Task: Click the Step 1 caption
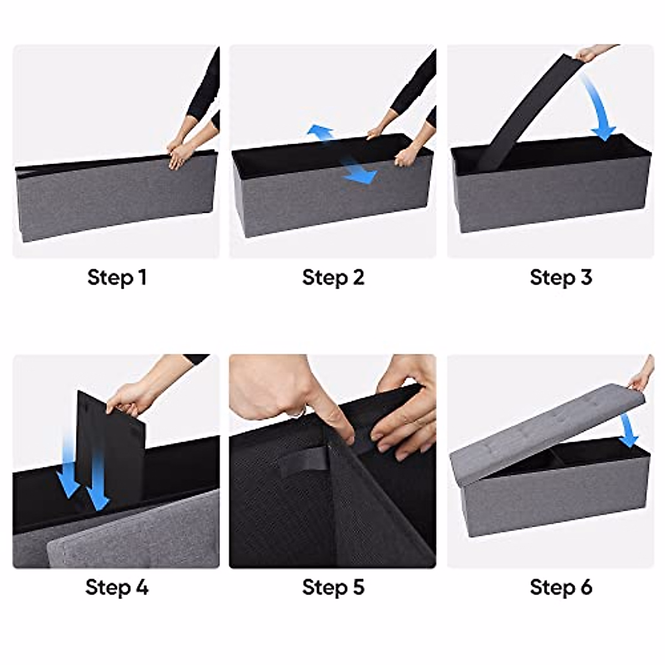click(x=117, y=277)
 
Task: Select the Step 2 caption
click(x=333, y=277)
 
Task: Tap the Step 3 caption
click(x=560, y=277)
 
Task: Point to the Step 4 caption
click(x=117, y=587)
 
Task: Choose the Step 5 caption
click(x=333, y=587)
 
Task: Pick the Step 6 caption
click(x=560, y=587)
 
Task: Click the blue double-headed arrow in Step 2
click(x=342, y=154)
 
